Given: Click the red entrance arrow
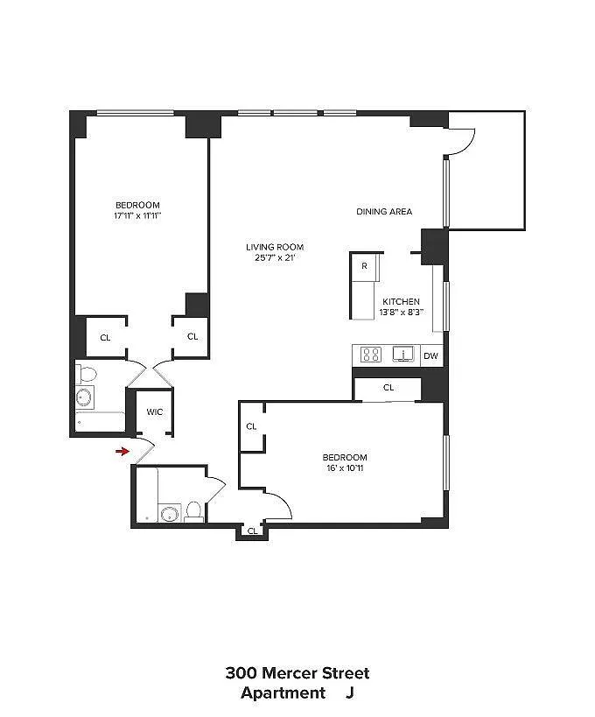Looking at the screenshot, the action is click(x=122, y=452).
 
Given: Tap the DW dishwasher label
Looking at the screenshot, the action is click(x=431, y=355).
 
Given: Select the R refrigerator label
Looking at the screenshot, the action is click(x=364, y=265).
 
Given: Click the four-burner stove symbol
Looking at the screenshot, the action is click(x=371, y=355).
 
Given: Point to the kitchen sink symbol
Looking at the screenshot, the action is click(x=403, y=354).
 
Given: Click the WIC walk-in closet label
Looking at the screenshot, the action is click(x=155, y=412).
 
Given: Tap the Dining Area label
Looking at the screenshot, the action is click(x=384, y=211).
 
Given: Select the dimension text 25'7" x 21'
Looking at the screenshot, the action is click(x=275, y=258).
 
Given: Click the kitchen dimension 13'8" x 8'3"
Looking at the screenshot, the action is click(x=402, y=313).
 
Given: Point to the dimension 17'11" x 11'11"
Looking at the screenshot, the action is click(x=137, y=216).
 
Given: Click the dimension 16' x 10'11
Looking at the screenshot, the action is click(x=345, y=468).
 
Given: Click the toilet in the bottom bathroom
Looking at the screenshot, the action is click(x=194, y=512).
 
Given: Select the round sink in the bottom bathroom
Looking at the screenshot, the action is click(x=170, y=514).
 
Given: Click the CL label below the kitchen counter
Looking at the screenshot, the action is click(x=388, y=388).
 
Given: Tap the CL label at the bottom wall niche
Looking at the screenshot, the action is click(x=252, y=531).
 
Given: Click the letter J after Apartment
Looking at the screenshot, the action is click(x=350, y=693).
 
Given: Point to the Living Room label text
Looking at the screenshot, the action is click(x=275, y=247).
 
